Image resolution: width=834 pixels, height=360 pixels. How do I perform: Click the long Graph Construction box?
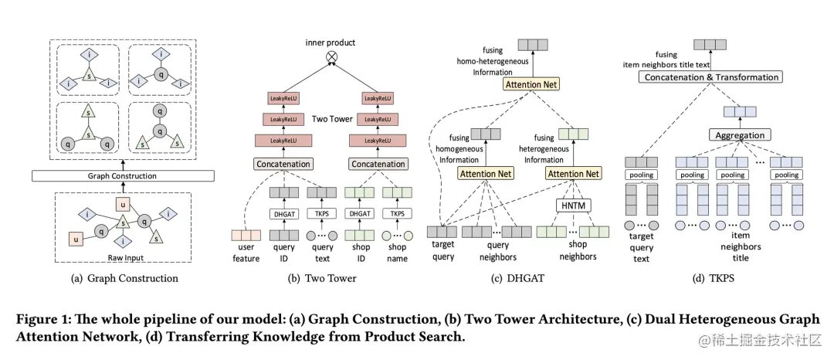click(124, 176)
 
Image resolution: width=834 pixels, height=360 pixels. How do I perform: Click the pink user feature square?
click(244, 233)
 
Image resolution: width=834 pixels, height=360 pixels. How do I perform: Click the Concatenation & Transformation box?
click(710, 77)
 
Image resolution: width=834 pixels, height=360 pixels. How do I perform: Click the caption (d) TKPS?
click(710, 278)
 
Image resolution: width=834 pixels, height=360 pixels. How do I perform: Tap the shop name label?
click(398, 252)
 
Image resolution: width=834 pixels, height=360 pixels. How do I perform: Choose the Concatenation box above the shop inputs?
click(378, 164)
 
